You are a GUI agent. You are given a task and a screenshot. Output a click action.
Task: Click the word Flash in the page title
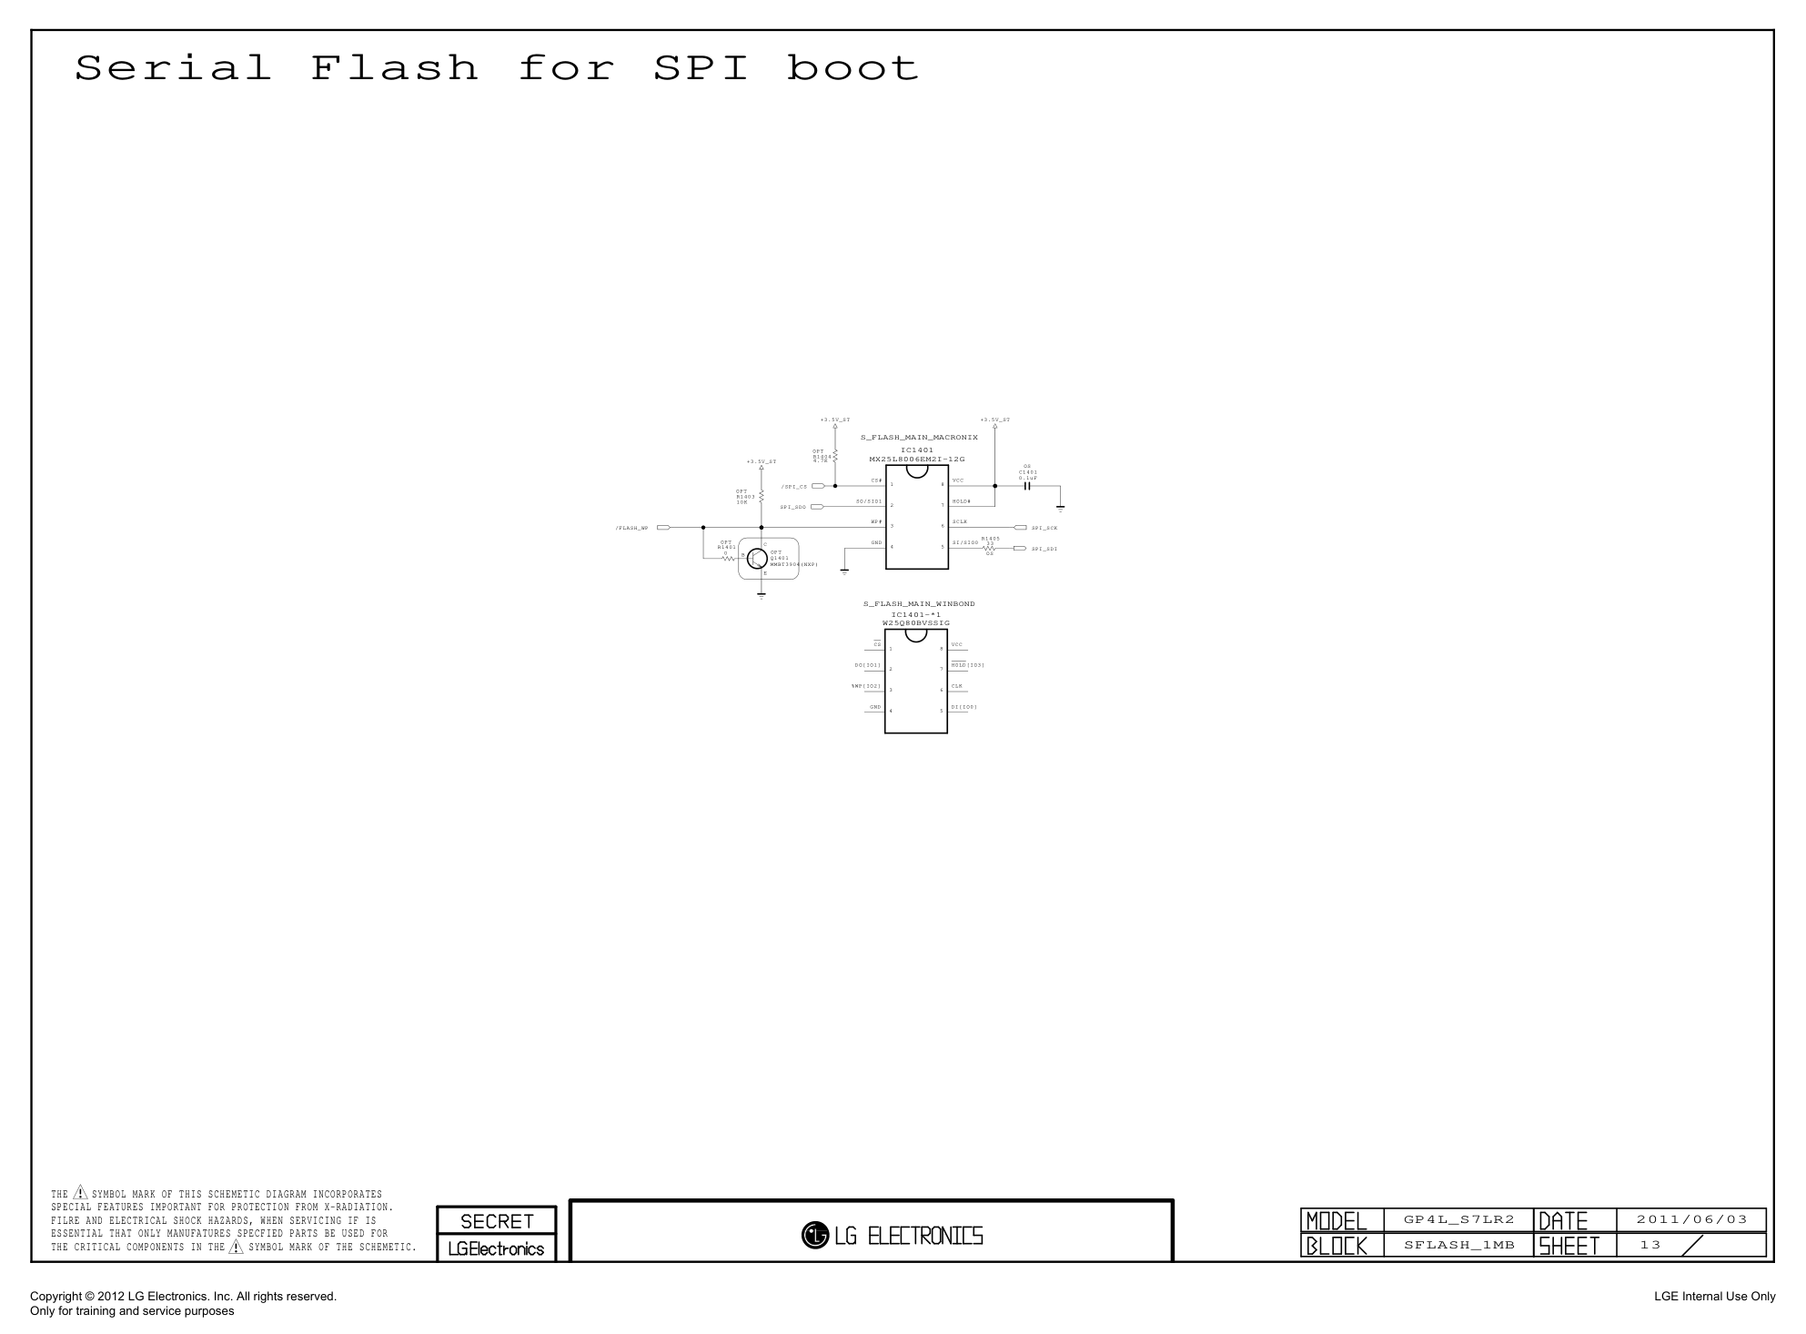(394, 68)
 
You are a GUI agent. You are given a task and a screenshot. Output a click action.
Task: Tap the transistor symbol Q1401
(757, 558)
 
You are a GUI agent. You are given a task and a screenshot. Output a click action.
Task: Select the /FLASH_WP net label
(631, 528)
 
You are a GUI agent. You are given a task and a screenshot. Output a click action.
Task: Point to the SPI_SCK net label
(1044, 528)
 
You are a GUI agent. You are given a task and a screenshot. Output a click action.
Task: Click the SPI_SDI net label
(1044, 549)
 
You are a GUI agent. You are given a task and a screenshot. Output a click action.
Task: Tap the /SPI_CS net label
(793, 487)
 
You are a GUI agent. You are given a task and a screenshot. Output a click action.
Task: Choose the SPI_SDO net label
(792, 507)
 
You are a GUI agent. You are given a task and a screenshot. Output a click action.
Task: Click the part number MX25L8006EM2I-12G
(916, 460)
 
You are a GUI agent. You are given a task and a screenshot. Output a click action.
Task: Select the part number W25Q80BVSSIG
(916, 623)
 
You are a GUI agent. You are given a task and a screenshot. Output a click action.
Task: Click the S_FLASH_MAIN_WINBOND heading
(919, 604)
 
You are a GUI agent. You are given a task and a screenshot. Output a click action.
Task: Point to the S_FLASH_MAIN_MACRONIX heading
(919, 438)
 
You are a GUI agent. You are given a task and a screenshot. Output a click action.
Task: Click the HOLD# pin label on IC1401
(962, 501)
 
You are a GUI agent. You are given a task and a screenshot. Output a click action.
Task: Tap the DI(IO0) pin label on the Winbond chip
(964, 707)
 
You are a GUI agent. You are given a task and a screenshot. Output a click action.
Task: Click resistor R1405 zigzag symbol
(990, 548)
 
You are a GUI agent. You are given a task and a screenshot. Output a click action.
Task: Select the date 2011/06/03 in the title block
(1691, 1220)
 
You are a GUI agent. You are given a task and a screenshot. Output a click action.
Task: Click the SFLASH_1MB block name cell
(1458, 1245)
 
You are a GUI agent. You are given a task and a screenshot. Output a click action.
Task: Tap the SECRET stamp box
(497, 1221)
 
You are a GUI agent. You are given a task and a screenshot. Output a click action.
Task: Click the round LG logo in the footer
(814, 1236)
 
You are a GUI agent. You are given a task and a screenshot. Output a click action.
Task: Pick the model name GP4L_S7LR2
(1458, 1220)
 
